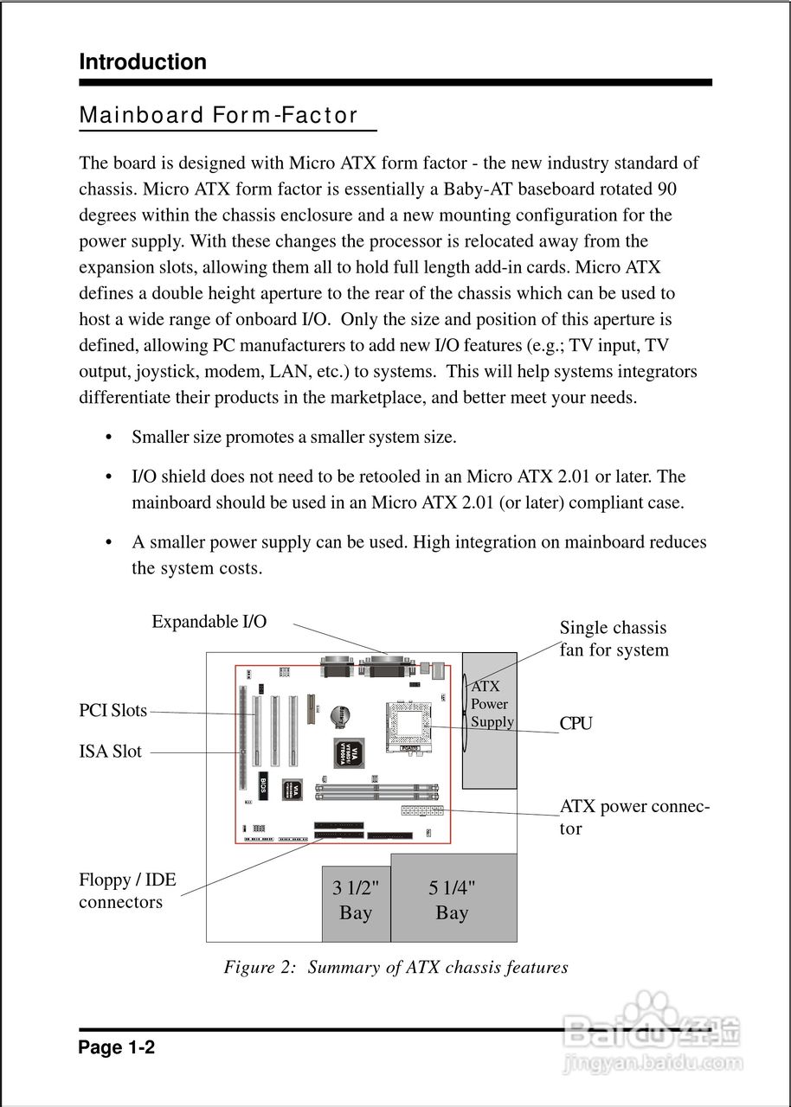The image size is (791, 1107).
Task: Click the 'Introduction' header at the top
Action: (143, 62)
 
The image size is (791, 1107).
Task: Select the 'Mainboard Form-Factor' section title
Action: (218, 116)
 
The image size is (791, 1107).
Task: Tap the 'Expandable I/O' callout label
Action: (209, 622)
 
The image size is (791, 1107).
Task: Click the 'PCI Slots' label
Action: (113, 711)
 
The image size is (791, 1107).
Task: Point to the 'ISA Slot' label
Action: (111, 752)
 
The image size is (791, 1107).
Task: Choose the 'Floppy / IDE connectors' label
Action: (127, 891)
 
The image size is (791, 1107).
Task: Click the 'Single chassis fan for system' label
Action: (614, 639)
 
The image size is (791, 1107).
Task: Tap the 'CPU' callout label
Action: (576, 724)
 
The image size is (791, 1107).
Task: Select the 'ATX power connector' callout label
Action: (633, 817)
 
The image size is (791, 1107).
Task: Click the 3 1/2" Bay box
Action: (356, 902)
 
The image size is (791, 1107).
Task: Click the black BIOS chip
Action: (263, 785)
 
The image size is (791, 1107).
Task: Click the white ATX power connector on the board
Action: (422, 811)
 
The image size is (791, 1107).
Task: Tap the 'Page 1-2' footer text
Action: (117, 1048)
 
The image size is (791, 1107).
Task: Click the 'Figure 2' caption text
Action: (395, 967)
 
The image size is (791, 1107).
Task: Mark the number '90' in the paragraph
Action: (666, 189)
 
